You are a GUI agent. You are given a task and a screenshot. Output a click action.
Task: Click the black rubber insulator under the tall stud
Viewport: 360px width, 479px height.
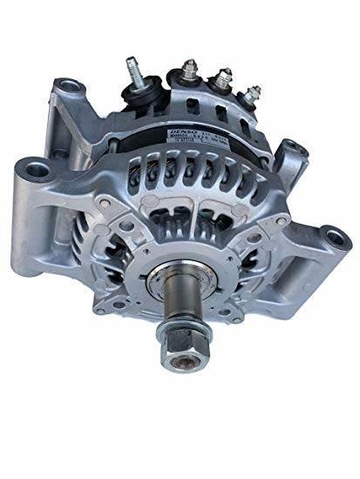pos(137,91)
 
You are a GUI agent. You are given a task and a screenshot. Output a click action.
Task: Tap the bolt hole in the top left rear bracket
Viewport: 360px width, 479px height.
pos(65,86)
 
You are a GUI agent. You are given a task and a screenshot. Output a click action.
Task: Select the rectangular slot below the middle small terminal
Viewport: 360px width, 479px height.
pos(221,112)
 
